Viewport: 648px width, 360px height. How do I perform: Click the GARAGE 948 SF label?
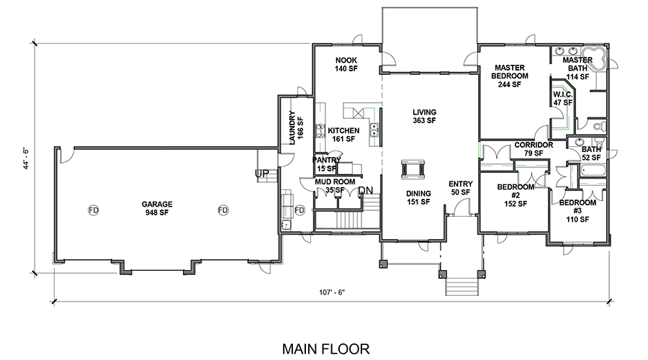pyautogui.click(x=157, y=208)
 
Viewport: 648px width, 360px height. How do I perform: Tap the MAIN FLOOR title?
pyautogui.click(x=325, y=349)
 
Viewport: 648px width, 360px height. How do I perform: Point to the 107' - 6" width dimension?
pyautogui.click(x=332, y=292)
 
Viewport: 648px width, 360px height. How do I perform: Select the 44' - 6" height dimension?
pyautogui.click(x=27, y=158)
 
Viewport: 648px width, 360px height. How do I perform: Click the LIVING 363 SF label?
pyautogui.click(x=424, y=116)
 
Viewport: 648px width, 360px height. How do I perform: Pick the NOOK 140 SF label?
pyautogui.click(x=346, y=65)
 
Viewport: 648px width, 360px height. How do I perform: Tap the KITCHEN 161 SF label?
pyautogui.click(x=343, y=135)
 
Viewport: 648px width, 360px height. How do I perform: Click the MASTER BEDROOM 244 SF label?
pyautogui.click(x=510, y=76)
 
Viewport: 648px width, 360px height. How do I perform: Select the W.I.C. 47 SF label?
pyautogui.click(x=563, y=99)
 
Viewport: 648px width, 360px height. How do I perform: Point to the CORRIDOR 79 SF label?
pyautogui.click(x=534, y=149)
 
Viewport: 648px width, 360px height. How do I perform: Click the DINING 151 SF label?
pyautogui.click(x=418, y=197)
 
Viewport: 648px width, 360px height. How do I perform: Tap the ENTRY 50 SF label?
pyautogui.click(x=460, y=188)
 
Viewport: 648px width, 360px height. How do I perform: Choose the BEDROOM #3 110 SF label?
pyautogui.click(x=577, y=211)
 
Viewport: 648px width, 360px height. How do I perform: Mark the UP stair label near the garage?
pyautogui.click(x=262, y=174)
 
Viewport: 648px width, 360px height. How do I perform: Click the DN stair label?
pyautogui.click(x=365, y=191)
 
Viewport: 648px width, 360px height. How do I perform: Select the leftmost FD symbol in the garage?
pyautogui.click(x=94, y=210)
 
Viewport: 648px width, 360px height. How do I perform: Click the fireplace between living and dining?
pyautogui.click(x=413, y=169)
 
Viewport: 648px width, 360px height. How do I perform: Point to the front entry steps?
pyautogui.click(x=462, y=287)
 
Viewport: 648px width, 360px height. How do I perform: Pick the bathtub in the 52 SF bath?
pyautogui.click(x=593, y=171)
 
